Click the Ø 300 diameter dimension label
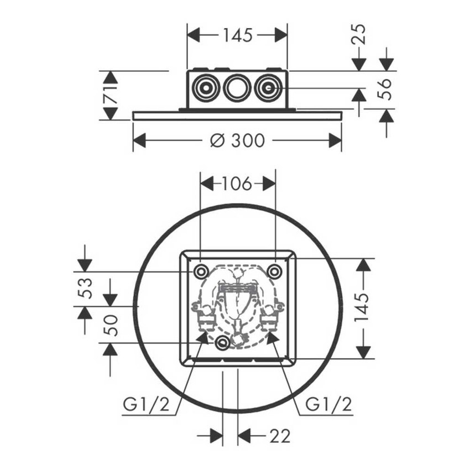[237, 140]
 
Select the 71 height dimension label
[111, 95]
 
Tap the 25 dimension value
[358, 34]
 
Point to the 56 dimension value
[384, 89]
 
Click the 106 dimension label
[237, 184]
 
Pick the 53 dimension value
[85, 288]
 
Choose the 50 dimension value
[110, 325]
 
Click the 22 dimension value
[280, 436]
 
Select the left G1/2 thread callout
[147, 405]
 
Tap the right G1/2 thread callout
[328, 405]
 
